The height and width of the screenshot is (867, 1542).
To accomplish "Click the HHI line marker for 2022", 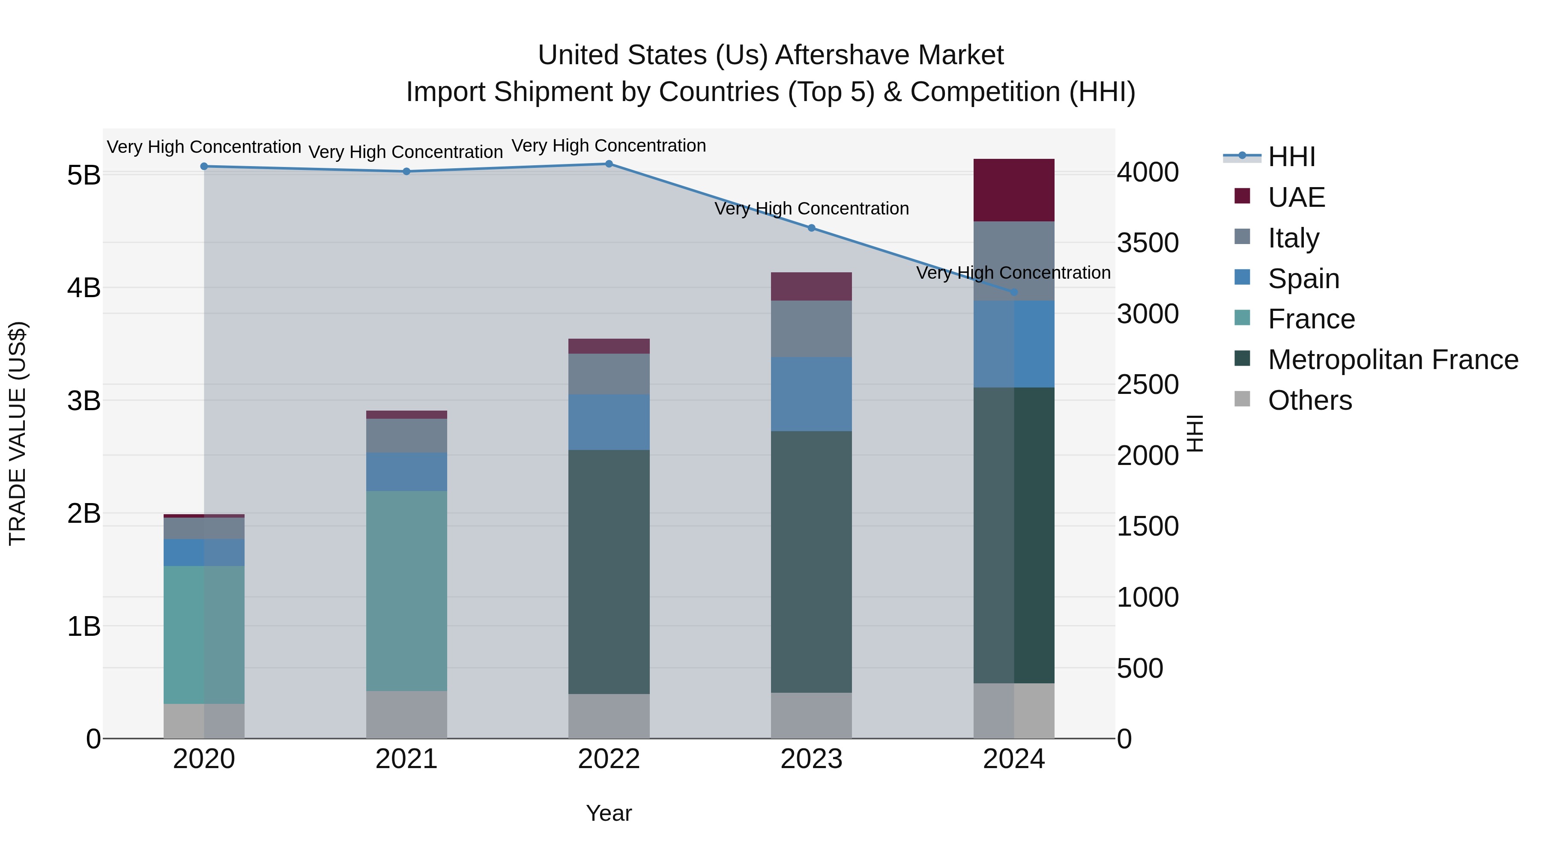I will tap(609, 164).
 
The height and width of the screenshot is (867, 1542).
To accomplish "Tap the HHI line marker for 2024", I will tap(1014, 292).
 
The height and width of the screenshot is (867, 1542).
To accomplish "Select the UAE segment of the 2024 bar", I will tap(1014, 190).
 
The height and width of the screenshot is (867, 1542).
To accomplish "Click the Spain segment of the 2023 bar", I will tap(811, 394).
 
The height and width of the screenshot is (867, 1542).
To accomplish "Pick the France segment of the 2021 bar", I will tap(406, 591).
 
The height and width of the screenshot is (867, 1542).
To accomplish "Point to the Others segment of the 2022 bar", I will tap(609, 716).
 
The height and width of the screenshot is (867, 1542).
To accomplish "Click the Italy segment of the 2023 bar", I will tap(811, 329).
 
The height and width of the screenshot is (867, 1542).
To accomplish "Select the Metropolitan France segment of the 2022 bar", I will tap(609, 572).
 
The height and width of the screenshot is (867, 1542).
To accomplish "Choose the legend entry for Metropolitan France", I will tap(1393, 360).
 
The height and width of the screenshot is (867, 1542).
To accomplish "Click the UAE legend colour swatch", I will tap(1242, 196).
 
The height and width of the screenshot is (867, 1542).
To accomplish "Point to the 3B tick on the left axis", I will tap(84, 400).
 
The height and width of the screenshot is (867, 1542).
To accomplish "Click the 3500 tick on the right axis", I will tap(1148, 243).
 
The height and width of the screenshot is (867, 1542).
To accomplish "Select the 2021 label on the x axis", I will tap(406, 759).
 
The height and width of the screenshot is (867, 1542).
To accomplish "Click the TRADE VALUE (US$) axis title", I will tap(18, 433).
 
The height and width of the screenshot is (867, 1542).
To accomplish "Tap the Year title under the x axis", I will tap(609, 813).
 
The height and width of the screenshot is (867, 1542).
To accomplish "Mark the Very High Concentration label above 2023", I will tap(811, 209).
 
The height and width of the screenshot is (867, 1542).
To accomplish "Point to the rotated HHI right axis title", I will tap(1194, 433).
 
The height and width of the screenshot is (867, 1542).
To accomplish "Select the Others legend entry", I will tap(1310, 400).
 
